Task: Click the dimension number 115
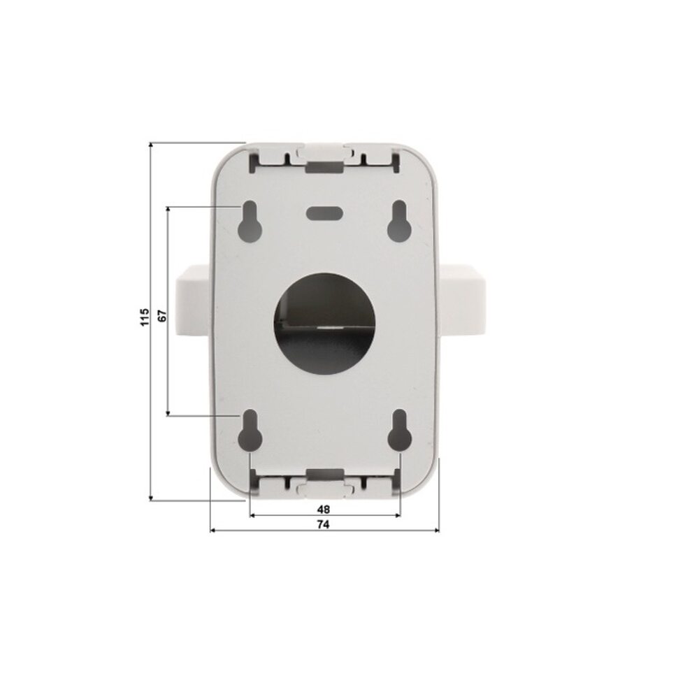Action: pos(145,317)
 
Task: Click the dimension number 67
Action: pos(162,316)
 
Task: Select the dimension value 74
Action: pos(323,525)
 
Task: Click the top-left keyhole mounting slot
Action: pos(250,222)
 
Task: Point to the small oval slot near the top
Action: pos(324,212)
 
